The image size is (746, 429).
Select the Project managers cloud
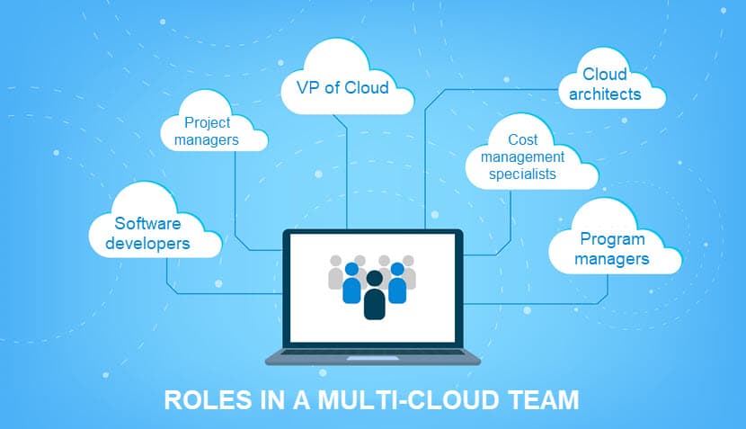pos(214,125)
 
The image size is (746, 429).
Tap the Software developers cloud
pos(155,224)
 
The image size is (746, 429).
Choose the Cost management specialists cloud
pos(531,155)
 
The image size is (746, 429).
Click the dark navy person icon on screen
pos(374,295)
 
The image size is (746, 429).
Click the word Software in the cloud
pos(147,223)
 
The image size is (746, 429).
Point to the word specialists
pos(522,174)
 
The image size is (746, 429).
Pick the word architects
pos(605,94)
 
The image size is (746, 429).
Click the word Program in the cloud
pos(612,239)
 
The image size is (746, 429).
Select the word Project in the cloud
pos(207,123)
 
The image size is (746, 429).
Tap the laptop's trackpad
pos(372,358)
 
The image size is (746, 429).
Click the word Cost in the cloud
pos(522,139)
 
